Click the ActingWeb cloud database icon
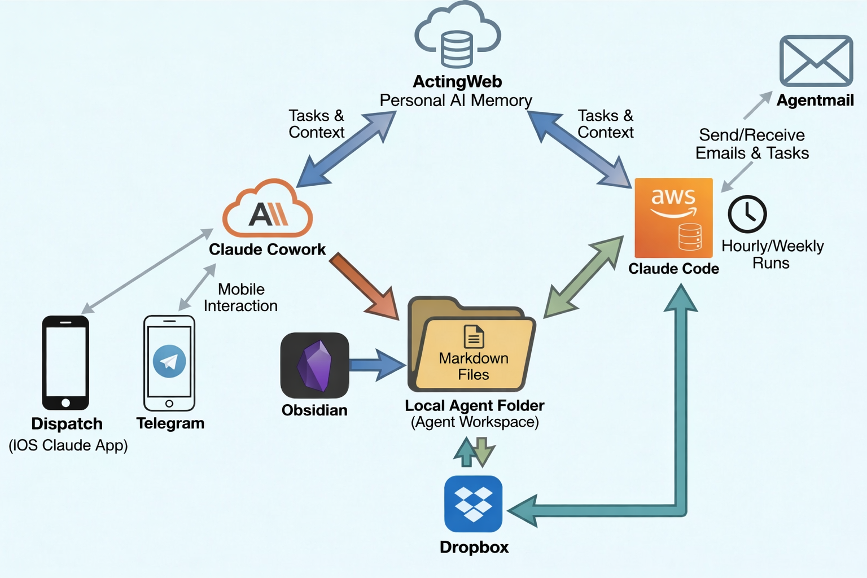[457, 36]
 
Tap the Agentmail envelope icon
[816, 61]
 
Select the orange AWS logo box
[673, 218]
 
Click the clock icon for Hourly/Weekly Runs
[747, 214]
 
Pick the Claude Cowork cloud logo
[268, 209]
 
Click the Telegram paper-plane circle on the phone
[169, 361]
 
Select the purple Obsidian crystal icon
[315, 366]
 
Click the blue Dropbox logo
[473, 503]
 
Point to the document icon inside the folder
[474, 336]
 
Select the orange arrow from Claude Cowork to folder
[365, 286]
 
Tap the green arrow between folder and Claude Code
[584, 277]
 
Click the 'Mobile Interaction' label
[241, 297]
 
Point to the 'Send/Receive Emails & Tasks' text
[752, 144]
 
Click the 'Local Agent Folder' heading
[474, 405]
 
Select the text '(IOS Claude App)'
[68, 445]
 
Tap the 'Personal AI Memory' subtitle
[456, 100]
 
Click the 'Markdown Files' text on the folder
[474, 366]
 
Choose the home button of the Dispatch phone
[65, 402]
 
